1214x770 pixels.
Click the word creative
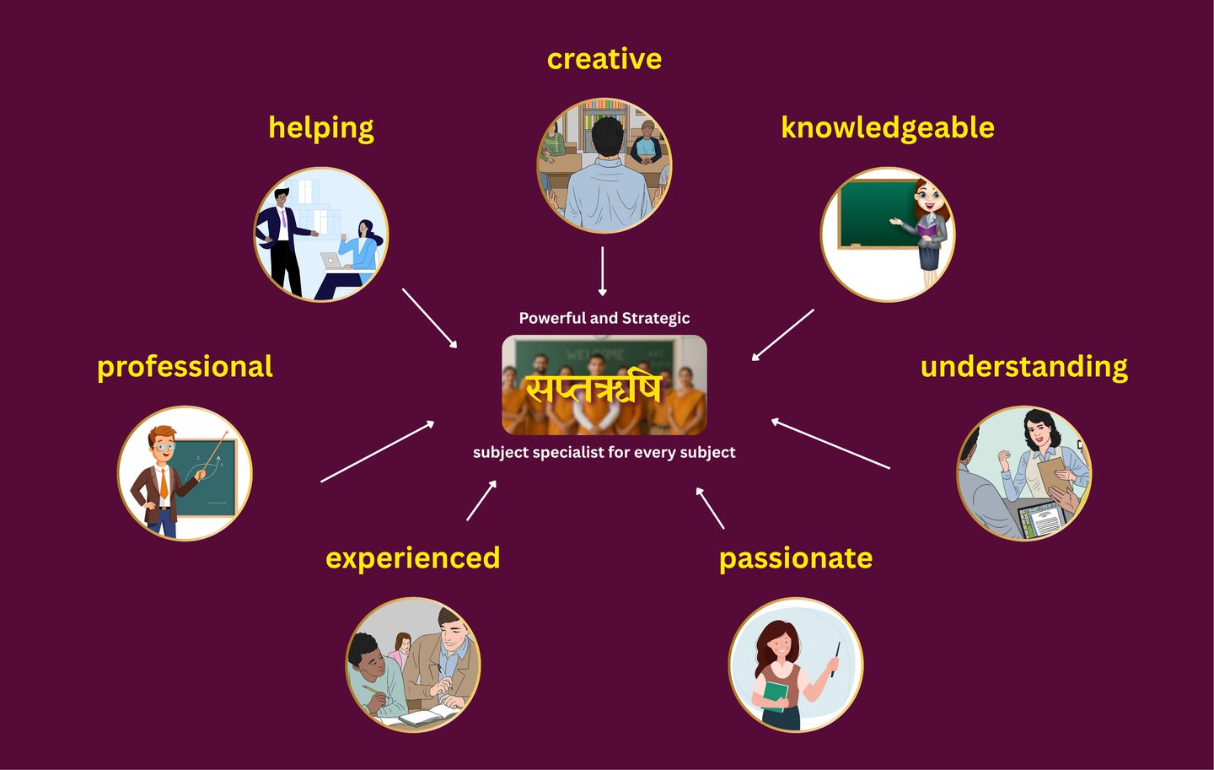pos(604,59)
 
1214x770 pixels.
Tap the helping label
pos(320,128)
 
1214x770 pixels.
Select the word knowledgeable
pos(887,127)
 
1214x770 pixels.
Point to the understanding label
pos(1023,367)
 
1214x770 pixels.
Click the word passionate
pos(795,558)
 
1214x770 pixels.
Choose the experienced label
pos(412,558)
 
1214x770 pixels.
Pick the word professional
pos(185,367)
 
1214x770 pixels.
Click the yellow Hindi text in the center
pos(594,389)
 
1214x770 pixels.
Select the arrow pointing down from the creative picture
pos(602,271)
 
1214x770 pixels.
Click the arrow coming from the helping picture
pos(429,318)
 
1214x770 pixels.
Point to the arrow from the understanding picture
pos(830,444)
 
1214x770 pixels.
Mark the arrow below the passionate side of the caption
pos(710,508)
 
